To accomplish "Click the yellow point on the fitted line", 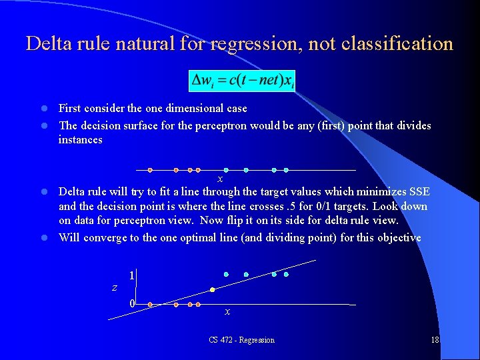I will click(213, 289).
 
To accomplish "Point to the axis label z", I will click(114, 287).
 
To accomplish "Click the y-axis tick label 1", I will click(132, 275).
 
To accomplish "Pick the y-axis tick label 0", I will click(132, 303).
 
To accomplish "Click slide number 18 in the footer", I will click(435, 340).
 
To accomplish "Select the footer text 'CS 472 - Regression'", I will click(241, 340).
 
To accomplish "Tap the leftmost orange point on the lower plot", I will click(150, 305).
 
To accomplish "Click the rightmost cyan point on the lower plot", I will click(286, 274).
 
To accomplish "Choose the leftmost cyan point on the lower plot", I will click(226, 274).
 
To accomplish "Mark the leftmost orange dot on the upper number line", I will click(150, 169).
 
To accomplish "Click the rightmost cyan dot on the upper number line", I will click(286, 169).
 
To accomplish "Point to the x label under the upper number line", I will click(220, 179).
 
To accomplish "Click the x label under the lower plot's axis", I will click(227, 311).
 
